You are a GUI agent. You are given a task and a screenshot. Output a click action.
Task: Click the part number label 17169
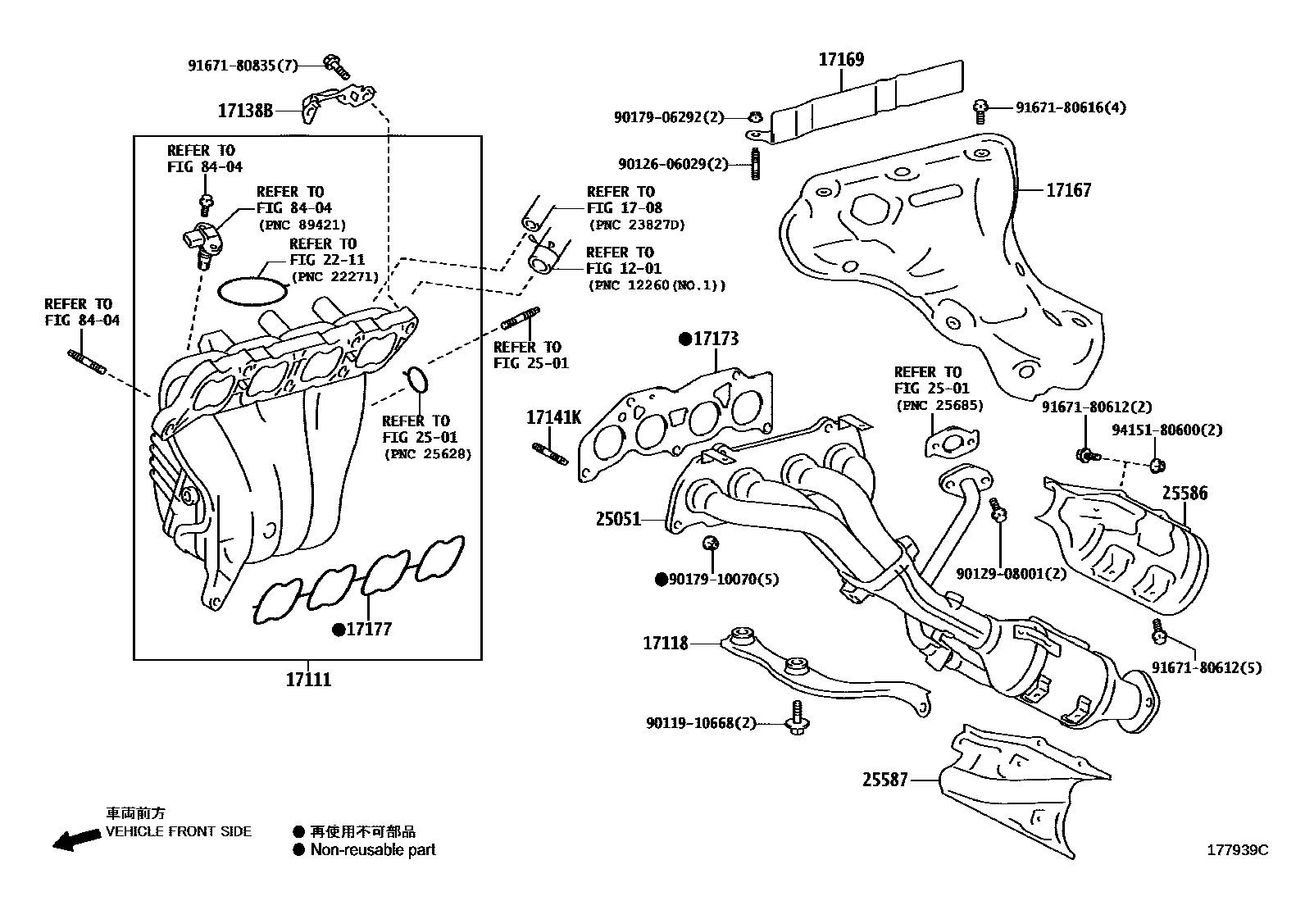(x=841, y=59)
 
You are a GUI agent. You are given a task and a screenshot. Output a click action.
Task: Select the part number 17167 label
(x=1068, y=190)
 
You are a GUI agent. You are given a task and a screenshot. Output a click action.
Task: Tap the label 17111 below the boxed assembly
(x=308, y=680)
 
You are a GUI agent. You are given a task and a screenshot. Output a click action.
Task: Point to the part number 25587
(x=884, y=780)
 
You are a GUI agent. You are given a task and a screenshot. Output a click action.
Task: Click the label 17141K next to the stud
(x=552, y=418)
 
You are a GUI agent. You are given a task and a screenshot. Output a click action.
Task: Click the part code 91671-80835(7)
(x=243, y=66)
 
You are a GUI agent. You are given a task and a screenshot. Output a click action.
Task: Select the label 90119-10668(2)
(x=701, y=723)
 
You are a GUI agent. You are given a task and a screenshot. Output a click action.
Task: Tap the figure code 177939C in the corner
(x=1236, y=850)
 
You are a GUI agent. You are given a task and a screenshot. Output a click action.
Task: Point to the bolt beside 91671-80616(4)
(x=980, y=107)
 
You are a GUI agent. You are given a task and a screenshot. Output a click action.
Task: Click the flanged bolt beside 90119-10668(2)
(x=795, y=717)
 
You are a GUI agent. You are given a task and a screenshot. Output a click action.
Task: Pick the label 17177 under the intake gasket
(x=368, y=630)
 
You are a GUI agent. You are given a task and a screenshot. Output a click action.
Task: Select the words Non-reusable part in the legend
(x=373, y=850)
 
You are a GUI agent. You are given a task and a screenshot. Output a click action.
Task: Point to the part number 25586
(x=1184, y=494)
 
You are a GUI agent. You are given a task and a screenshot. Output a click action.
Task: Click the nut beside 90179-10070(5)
(x=712, y=543)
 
